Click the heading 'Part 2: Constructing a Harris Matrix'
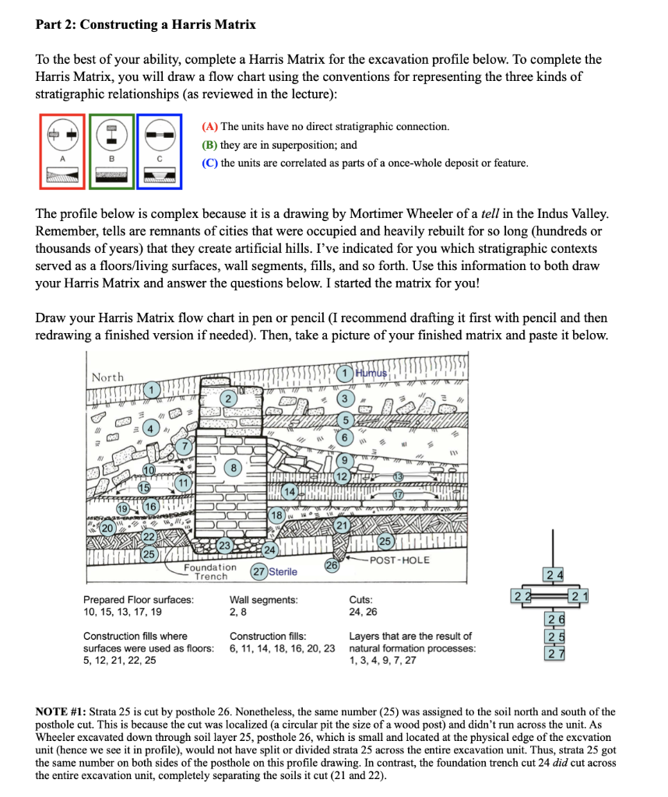[x=146, y=24]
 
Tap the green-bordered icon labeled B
[x=111, y=151]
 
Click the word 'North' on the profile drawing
[x=107, y=377]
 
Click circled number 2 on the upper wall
[x=227, y=398]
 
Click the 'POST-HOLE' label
[x=399, y=560]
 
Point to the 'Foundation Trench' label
[x=210, y=572]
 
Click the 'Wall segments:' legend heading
[x=263, y=600]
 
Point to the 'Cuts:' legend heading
[x=361, y=600]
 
